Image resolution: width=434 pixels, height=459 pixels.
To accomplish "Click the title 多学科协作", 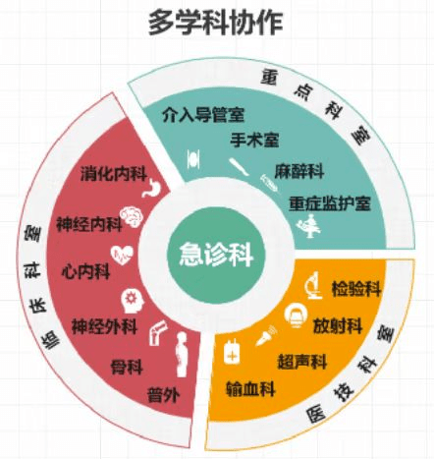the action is click(x=215, y=23).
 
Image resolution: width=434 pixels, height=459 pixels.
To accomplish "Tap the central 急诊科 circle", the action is click(x=216, y=255).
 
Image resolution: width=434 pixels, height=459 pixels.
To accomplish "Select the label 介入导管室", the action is click(x=203, y=114).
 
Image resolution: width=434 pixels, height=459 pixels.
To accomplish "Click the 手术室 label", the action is click(x=254, y=140).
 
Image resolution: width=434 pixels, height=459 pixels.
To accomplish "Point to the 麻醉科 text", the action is click(x=299, y=171).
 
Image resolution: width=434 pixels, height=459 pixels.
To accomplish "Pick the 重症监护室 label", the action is click(x=330, y=203).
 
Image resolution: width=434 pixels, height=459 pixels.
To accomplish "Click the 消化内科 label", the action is click(x=113, y=173).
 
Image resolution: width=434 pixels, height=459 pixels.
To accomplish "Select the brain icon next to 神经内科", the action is click(x=132, y=216).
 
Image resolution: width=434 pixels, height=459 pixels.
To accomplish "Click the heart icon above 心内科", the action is click(x=122, y=255).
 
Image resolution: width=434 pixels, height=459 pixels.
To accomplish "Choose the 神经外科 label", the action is click(x=104, y=326).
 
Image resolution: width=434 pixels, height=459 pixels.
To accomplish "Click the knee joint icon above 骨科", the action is click(x=158, y=333).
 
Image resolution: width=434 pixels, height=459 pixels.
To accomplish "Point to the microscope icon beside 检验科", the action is click(x=314, y=285).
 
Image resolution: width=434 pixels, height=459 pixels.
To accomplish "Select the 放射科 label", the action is click(x=338, y=325).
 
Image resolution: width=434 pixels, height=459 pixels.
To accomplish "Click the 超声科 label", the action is click(x=302, y=362).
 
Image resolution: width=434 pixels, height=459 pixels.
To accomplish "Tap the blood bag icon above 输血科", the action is click(x=232, y=352).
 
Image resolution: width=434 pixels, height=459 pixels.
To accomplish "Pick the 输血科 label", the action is click(x=250, y=389).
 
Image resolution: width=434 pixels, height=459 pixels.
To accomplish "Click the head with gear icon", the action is click(x=133, y=301).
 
